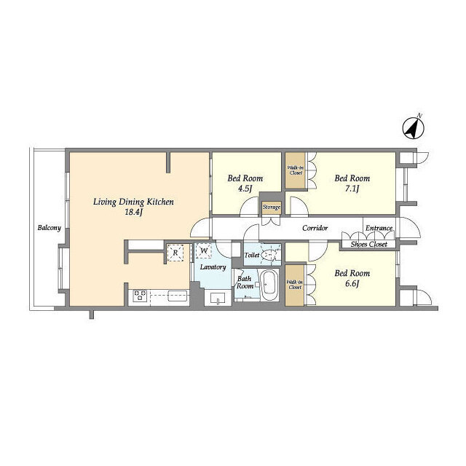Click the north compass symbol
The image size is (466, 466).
click(413, 128)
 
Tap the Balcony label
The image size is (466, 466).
click(50, 228)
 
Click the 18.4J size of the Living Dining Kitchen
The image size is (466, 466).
click(134, 212)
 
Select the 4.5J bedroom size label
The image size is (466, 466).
click(245, 189)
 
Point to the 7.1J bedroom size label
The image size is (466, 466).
click(352, 189)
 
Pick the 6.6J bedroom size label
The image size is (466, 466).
click(352, 283)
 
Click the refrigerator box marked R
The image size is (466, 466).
click(175, 253)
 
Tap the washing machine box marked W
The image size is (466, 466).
click(204, 250)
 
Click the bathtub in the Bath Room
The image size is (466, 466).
click(269, 285)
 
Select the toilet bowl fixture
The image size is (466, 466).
click(270, 255)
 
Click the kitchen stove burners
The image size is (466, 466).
click(140, 296)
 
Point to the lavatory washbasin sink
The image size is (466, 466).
click(218, 298)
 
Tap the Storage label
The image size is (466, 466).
click(272, 207)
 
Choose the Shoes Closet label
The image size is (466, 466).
click(369, 245)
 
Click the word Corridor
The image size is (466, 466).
click(315, 228)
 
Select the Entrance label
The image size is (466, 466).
click(379, 228)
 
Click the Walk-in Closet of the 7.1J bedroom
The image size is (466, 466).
click(296, 170)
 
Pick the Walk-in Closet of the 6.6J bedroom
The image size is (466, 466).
click(295, 285)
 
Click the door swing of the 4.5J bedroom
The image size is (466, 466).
click(249, 205)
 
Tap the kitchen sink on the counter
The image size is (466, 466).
click(178, 296)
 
